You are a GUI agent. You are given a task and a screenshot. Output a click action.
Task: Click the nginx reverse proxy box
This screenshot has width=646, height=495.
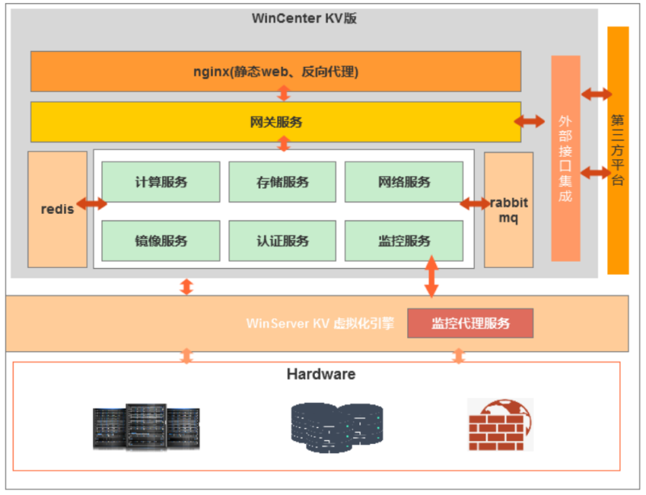click(x=275, y=72)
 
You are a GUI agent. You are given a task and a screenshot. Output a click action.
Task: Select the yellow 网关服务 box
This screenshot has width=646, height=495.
click(x=275, y=122)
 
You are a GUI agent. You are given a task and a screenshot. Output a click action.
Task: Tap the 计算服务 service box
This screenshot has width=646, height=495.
click(x=161, y=182)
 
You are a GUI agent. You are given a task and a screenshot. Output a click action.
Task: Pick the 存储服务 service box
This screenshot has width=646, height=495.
click(x=281, y=182)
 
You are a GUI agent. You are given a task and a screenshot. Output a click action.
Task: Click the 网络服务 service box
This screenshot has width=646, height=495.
click(x=404, y=182)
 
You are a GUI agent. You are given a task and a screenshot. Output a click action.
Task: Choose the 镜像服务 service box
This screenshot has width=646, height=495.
click(x=161, y=241)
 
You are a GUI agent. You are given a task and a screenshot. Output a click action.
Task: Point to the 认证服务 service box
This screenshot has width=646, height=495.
click(x=281, y=241)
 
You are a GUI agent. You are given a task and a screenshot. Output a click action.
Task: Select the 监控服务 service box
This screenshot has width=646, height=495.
click(x=404, y=241)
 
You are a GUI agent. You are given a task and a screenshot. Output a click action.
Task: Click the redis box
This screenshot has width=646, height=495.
click(x=57, y=209)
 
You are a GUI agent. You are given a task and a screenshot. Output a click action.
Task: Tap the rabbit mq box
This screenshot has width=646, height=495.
click(x=509, y=209)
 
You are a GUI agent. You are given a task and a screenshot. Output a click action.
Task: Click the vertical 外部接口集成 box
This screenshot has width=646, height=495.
click(x=565, y=158)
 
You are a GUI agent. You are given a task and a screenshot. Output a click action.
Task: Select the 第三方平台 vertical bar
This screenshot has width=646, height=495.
click(x=618, y=150)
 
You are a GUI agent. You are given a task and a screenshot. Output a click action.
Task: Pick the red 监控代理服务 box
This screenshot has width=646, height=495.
click(x=470, y=323)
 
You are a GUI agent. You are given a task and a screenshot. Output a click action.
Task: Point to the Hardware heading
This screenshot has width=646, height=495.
click(x=321, y=375)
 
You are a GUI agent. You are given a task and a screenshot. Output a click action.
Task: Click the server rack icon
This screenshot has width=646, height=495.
click(x=145, y=426)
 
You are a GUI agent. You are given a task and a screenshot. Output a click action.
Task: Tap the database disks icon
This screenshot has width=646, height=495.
click(x=336, y=426)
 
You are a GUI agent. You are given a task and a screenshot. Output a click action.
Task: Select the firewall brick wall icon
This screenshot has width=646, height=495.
click(x=500, y=424)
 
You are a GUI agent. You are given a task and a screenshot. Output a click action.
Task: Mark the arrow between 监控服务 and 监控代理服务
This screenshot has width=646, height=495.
click(x=431, y=276)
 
